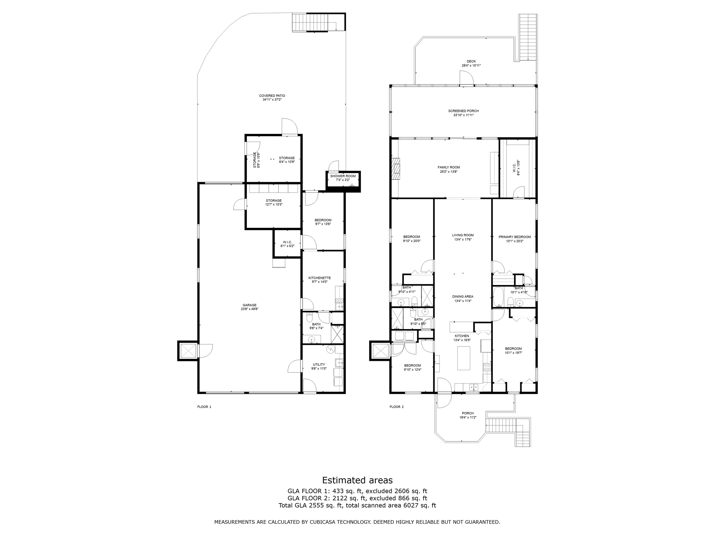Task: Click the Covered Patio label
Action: [x=272, y=95]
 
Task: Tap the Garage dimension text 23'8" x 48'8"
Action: [x=249, y=309]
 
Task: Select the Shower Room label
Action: [x=343, y=176]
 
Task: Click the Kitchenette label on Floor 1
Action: [x=319, y=278]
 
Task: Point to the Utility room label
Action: [x=319, y=364]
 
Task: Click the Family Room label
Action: [x=449, y=167]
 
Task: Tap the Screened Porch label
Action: [x=463, y=111]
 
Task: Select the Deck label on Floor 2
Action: [x=471, y=62]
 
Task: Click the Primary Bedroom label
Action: [x=514, y=237]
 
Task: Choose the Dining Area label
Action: [x=463, y=296]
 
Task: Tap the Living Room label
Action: [x=463, y=235]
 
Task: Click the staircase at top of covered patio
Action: [x=310, y=22]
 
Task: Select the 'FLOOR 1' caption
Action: [x=204, y=407]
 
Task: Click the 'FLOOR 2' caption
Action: [x=397, y=407]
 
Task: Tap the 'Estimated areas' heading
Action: [x=357, y=480]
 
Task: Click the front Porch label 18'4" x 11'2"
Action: [x=467, y=415]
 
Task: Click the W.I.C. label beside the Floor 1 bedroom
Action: [x=287, y=242]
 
